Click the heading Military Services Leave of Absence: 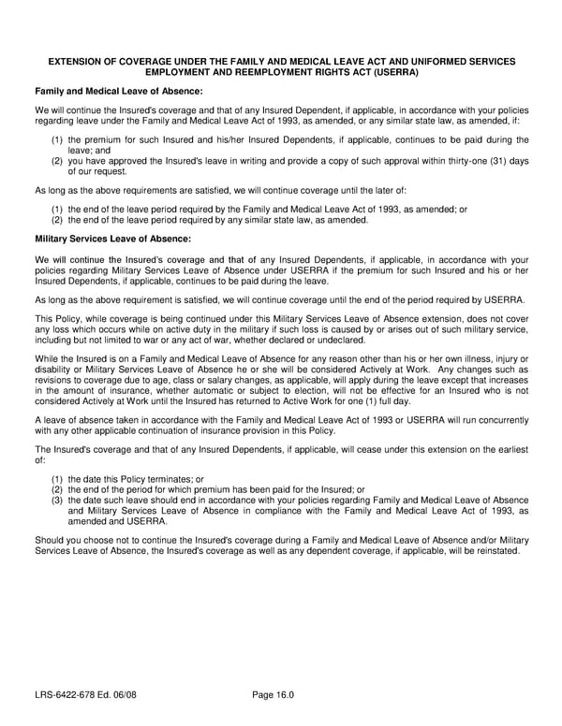(112, 239)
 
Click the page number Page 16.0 (274, 694)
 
